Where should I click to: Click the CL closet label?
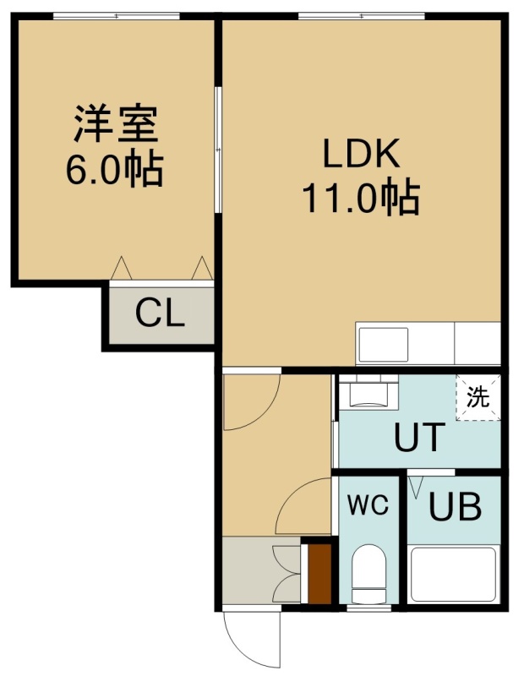160,313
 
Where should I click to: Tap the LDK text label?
362,154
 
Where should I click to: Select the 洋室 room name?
117,123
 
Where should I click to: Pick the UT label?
419,437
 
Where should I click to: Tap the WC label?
368,504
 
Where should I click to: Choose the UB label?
455,507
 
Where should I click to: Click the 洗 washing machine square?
478,397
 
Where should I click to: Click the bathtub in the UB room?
453,574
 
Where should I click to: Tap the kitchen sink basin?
384,345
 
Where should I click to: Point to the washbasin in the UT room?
368,392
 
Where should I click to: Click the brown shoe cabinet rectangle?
319,574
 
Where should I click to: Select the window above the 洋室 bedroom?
117,16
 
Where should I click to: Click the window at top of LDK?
361,16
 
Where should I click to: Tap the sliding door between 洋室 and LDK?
218,150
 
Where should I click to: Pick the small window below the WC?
368,608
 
